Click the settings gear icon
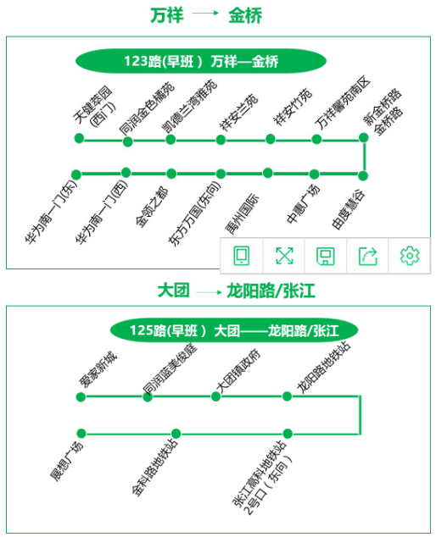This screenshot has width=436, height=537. pos(410,256)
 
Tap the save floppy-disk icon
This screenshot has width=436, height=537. pos(325,256)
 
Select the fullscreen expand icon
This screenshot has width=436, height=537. pos(284,256)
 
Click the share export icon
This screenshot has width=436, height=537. pos(368,256)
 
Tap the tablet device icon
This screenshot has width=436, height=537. pos(242,256)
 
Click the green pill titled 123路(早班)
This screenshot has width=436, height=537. pos(201,61)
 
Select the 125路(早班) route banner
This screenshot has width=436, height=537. pos(234,330)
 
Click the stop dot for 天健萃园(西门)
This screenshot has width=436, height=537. pos(79,138)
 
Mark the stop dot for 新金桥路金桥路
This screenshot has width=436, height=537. pos(364,138)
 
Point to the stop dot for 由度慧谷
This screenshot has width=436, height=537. pos(363,175)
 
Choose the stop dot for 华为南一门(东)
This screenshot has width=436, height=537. pos(76,174)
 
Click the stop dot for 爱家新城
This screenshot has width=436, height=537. pos(81,397)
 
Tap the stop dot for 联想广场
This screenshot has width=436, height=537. pos(81,434)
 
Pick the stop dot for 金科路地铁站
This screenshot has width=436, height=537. pos(176,434)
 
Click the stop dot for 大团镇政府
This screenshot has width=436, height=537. pos(215,396)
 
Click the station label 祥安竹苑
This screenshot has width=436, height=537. pos(293,107)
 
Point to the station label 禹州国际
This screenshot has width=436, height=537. pos(242,214)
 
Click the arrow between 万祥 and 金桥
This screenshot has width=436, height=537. pos(205,14)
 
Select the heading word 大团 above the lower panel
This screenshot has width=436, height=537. pos(173,291)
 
